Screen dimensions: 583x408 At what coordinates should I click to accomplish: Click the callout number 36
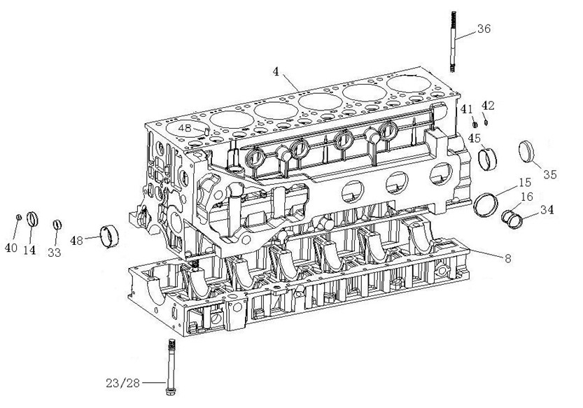coord(484,29)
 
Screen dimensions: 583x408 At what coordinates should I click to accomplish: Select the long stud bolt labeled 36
coord(453,42)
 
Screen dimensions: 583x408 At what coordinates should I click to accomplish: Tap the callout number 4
coord(276,71)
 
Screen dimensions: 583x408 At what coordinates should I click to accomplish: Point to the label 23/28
coord(122,383)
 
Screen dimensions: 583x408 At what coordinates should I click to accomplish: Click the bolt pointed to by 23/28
coord(171,367)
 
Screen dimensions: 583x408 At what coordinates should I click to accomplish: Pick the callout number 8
coord(508,258)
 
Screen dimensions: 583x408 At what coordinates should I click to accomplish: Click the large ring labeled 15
coord(486,204)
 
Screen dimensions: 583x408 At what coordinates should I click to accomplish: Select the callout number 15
coord(525,182)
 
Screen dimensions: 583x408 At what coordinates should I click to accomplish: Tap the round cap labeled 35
coord(526,152)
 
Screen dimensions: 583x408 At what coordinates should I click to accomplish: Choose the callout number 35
coord(550,174)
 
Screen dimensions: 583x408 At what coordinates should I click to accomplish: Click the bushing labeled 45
coord(487,159)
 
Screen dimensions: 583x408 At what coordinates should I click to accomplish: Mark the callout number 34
coord(547,210)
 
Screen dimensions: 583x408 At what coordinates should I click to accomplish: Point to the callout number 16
coord(527,197)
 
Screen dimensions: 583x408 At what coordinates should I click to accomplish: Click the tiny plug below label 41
coord(475,125)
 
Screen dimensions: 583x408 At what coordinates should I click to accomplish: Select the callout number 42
coord(488,106)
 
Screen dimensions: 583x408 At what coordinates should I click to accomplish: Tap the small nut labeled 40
coord(19,217)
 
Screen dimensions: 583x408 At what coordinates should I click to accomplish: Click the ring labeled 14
coord(32,219)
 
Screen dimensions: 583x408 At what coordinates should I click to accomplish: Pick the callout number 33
coord(55,253)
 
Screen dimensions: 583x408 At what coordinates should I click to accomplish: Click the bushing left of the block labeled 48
coord(110,236)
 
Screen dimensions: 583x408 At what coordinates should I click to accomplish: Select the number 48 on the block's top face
coord(185,128)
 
